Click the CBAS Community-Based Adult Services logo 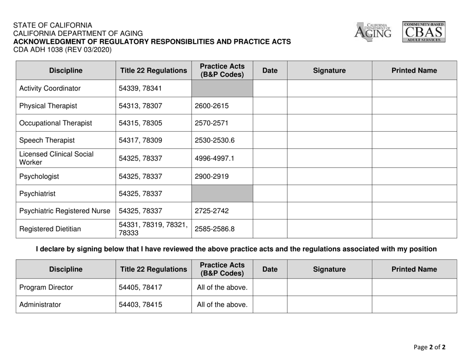[x=425, y=32]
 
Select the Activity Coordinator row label [x=50, y=88]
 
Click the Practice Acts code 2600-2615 [x=211, y=106]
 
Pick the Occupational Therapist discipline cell [x=56, y=123]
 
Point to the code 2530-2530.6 [x=215, y=140]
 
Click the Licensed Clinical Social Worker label [x=56, y=158]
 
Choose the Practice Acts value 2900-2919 [x=211, y=176]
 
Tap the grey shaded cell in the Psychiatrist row [x=222, y=194]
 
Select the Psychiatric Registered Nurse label [x=65, y=211]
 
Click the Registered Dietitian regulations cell [x=152, y=229]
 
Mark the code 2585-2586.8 [x=215, y=229]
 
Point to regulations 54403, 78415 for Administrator [x=140, y=305]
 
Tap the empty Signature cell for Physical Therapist [x=329, y=106]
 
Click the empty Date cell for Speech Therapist [x=270, y=140]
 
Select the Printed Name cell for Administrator [x=414, y=305]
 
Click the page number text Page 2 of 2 [x=429, y=347]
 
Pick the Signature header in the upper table [x=329, y=71]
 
